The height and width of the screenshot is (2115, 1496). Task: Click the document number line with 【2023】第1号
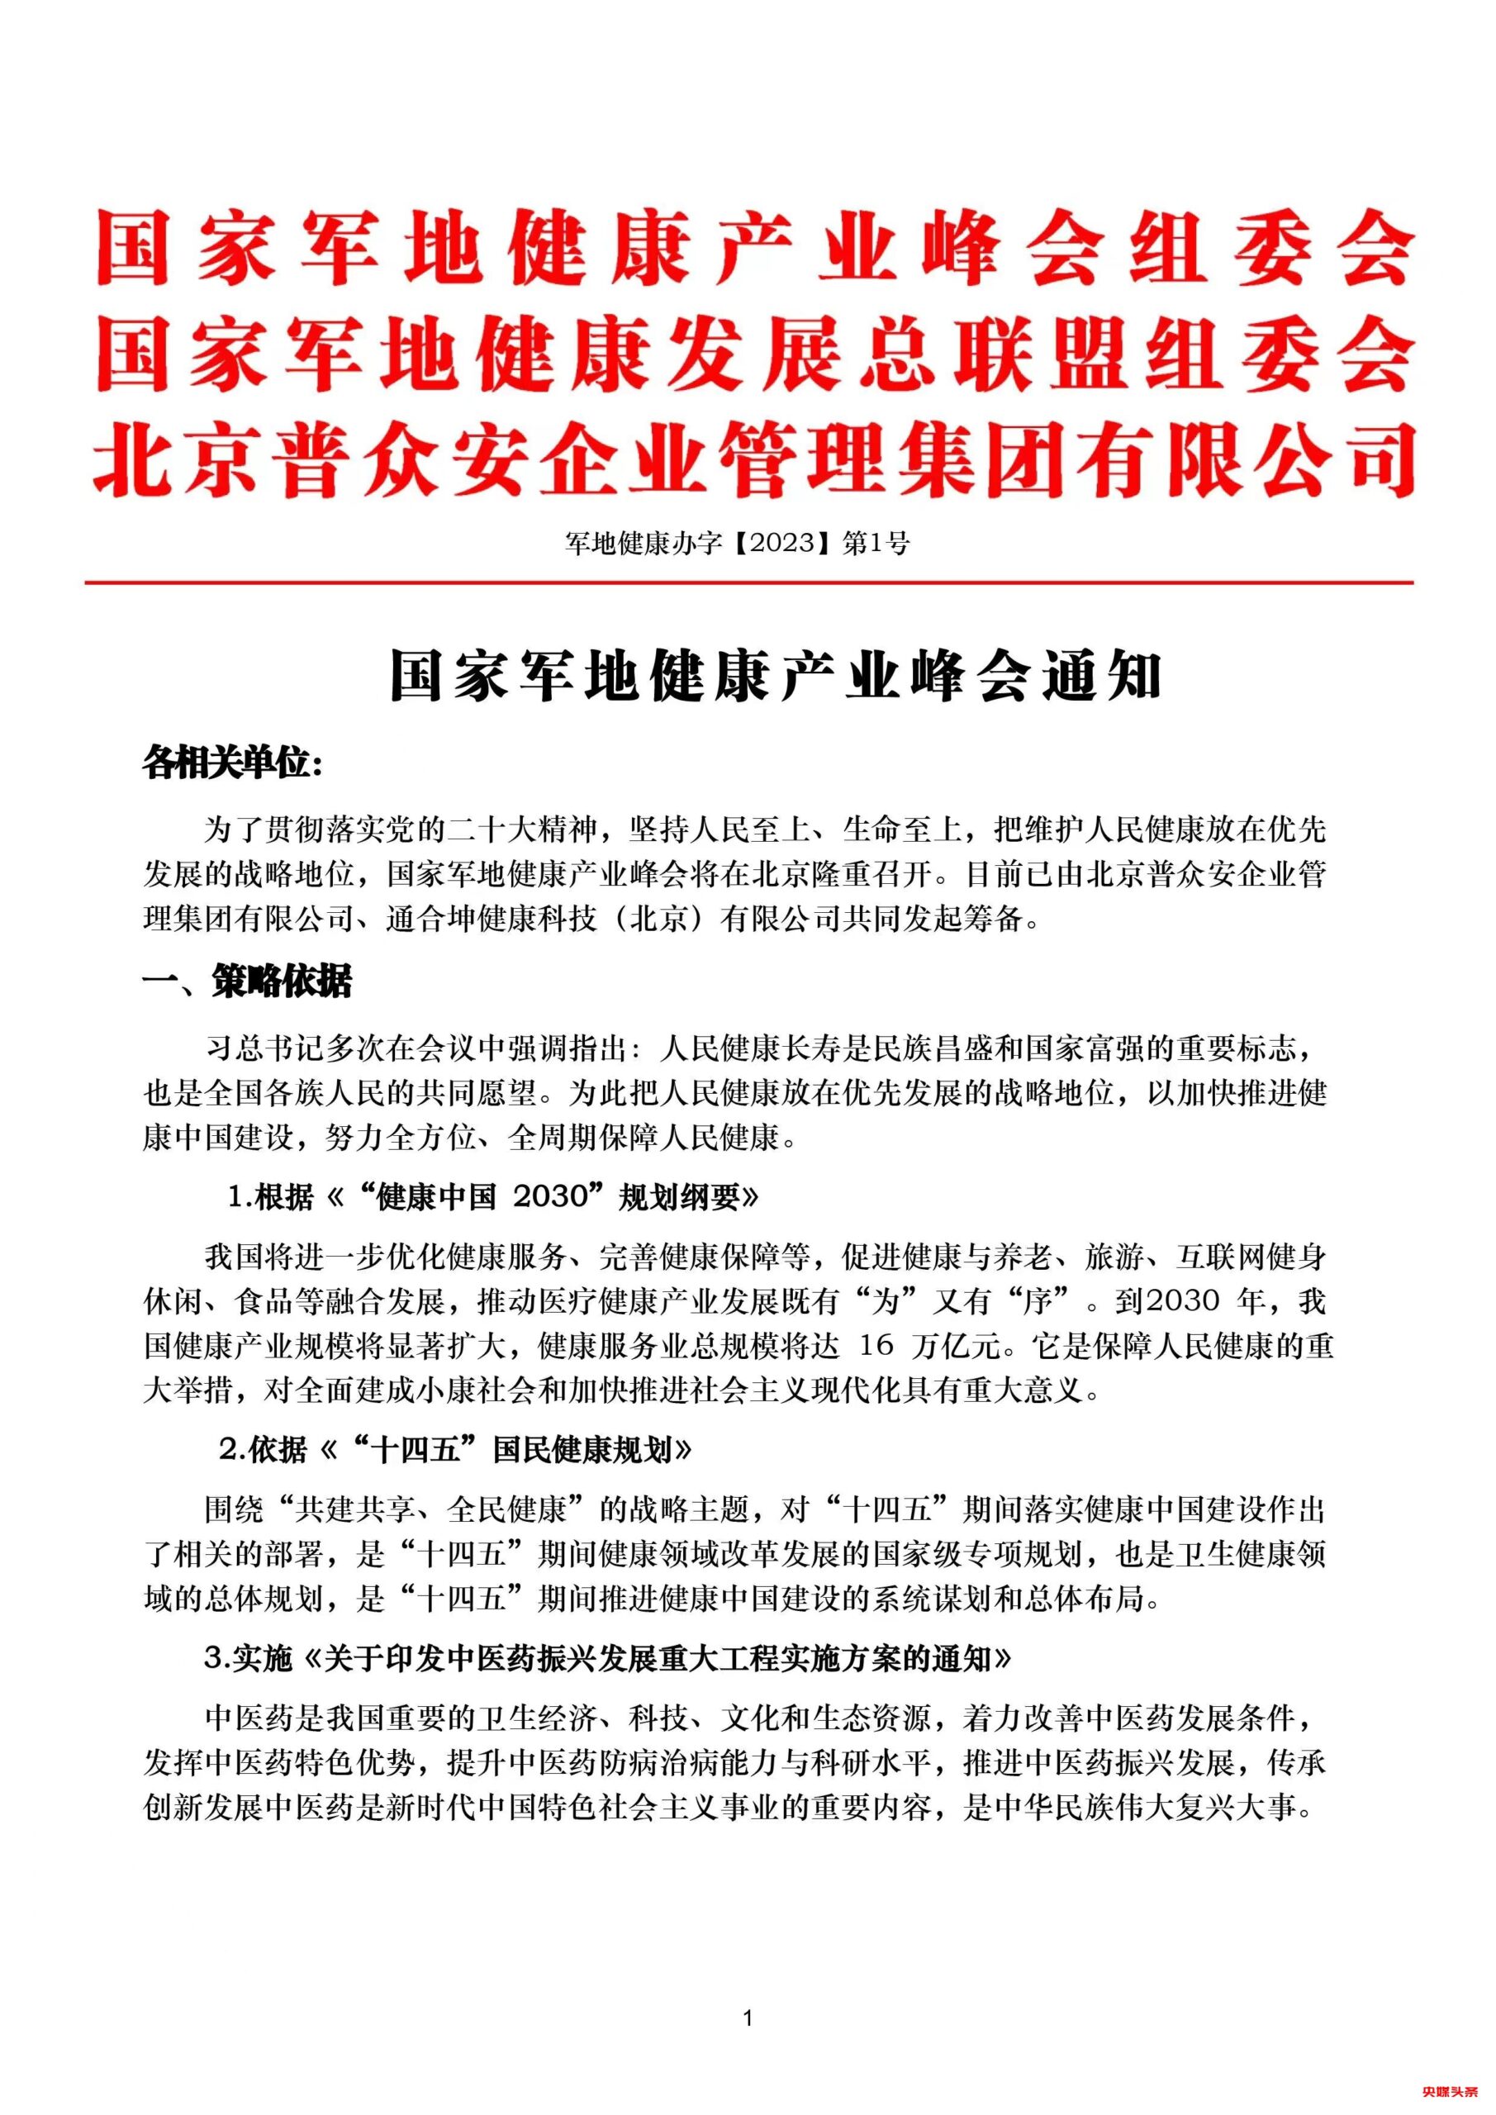[737, 544]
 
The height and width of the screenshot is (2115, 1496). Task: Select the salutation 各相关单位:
[232, 763]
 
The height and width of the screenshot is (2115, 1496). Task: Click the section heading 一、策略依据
[247, 983]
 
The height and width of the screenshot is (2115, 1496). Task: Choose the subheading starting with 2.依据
[456, 1450]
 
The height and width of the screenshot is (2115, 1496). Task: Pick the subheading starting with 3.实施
[608, 1659]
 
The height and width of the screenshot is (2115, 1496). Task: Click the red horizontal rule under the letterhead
[748, 583]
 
